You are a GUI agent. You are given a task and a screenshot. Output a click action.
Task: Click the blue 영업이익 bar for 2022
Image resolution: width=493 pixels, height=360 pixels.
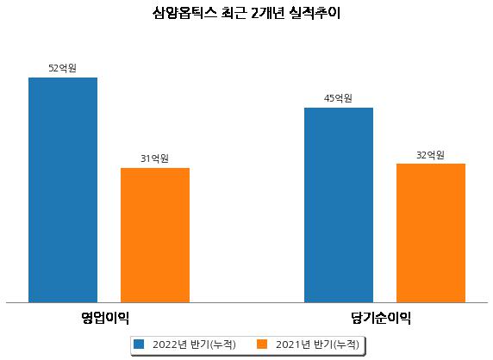click(x=63, y=190)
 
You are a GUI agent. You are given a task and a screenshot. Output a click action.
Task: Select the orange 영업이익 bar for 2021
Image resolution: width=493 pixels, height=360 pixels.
click(x=155, y=235)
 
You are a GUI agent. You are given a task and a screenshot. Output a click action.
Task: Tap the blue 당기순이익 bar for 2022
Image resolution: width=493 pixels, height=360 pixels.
click(x=339, y=205)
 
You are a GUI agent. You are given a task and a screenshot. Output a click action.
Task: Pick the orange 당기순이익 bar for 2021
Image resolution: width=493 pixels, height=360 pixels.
click(x=431, y=233)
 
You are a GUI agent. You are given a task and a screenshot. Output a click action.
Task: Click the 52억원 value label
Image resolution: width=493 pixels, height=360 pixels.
click(x=63, y=68)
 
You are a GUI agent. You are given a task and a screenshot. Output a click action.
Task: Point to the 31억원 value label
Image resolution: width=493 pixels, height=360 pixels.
click(x=154, y=158)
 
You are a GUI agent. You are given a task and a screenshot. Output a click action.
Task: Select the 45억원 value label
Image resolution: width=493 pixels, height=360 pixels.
click(x=339, y=98)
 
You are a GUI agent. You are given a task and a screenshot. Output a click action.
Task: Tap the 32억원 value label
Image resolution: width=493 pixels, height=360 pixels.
click(x=430, y=155)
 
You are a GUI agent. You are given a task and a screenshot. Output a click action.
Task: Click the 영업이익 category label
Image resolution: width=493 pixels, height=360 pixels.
click(x=105, y=318)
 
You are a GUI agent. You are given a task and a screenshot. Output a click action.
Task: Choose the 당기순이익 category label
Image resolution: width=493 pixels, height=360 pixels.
click(x=381, y=318)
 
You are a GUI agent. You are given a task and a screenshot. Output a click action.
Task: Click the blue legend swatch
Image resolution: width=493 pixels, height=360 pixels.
click(x=139, y=344)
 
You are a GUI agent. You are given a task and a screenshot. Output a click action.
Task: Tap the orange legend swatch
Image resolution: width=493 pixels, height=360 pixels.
click(x=262, y=344)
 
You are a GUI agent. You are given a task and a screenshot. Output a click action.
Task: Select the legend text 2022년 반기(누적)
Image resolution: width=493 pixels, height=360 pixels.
click(x=194, y=344)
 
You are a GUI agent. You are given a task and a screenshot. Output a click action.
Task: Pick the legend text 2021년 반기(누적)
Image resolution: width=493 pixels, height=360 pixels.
click(x=317, y=344)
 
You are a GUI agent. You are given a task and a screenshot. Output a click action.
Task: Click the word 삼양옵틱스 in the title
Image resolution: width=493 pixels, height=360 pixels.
click(x=184, y=13)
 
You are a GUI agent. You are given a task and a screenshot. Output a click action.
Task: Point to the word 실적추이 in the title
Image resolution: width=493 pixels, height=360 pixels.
click(x=315, y=13)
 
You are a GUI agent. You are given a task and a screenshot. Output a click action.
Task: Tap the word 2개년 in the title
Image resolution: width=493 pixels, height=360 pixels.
click(x=268, y=13)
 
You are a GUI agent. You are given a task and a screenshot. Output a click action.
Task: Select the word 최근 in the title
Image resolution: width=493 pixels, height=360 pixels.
click(x=234, y=13)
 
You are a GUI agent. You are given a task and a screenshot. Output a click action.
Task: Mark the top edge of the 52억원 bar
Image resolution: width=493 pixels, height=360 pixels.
click(x=63, y=78)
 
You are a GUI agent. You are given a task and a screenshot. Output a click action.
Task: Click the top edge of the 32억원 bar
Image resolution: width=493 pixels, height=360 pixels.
click(x=431, y=164)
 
